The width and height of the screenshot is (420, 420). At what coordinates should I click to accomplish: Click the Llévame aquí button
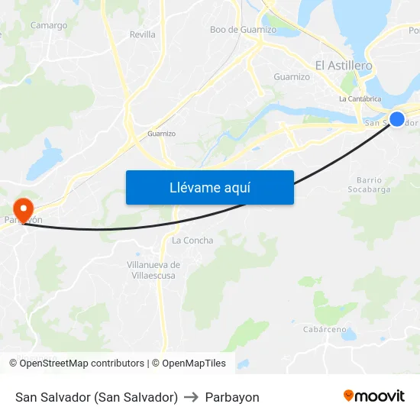209,188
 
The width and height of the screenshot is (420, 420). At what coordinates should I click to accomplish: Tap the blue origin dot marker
397,118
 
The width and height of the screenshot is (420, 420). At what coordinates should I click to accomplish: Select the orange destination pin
24,208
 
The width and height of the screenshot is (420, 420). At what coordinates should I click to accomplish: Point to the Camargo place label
49,25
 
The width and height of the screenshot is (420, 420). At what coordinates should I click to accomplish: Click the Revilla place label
142,34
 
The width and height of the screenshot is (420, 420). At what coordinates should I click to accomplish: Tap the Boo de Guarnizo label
243,30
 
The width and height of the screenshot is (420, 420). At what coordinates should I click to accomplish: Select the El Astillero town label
344,66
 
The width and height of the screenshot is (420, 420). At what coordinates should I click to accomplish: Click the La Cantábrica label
360,99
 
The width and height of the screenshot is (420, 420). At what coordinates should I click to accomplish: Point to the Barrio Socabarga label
369,185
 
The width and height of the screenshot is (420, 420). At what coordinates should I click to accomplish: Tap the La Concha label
192,241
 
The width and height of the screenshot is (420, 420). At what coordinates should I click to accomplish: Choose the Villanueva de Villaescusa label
153,270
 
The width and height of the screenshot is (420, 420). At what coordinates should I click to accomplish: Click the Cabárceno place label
325,330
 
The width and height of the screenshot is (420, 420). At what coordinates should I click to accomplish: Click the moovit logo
373,396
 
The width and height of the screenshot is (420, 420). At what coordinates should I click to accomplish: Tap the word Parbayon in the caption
232,397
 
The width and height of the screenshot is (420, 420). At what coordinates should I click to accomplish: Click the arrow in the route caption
192,397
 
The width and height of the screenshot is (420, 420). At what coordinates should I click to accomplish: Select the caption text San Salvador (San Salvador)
96,397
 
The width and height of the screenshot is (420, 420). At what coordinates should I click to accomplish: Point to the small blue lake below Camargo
50,158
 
